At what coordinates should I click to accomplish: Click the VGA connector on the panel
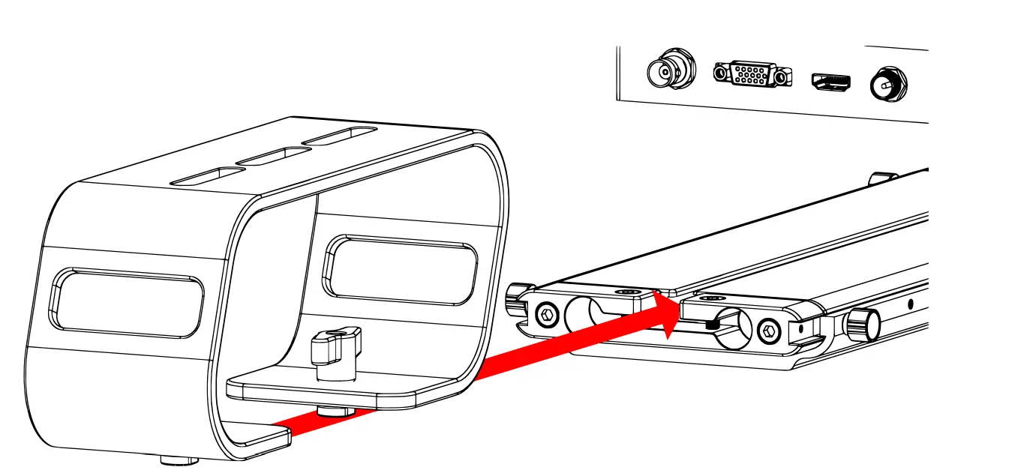(x=752, y=73)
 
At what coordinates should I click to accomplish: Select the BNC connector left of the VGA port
(x=670, y=70)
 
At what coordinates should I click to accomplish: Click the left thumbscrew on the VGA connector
(x=720, y=73)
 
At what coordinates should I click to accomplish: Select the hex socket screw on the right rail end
(x=767, y=329)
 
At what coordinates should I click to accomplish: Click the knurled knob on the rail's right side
(x=861, y=325)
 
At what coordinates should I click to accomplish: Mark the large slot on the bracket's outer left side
(x=126, y=304)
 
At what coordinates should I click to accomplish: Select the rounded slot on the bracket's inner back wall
(x=400, y=270)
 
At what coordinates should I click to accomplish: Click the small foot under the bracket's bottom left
(x=179, y=460)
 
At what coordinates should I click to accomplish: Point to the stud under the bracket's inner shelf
(x=337, y=411)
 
